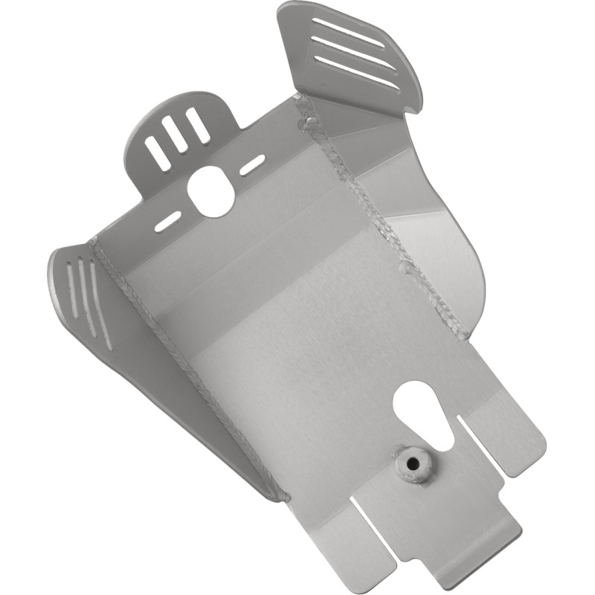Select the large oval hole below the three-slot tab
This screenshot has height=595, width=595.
tap(211, 191)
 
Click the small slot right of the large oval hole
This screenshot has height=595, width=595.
tap(252, 164)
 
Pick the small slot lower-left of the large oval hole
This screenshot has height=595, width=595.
tap(167, 221)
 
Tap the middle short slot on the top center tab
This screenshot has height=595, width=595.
tap(177, 135)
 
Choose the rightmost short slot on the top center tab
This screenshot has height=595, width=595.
tap(198, 125)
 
